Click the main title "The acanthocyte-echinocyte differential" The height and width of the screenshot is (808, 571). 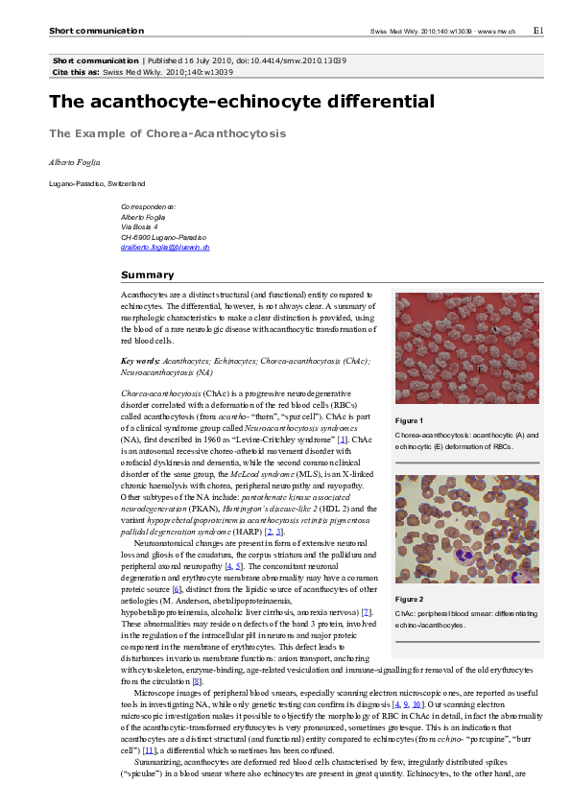coord(242,102)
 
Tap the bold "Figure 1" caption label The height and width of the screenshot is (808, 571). coord(409,421)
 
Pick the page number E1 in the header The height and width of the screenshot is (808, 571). coord(538,31)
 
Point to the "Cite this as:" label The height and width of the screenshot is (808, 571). coord(76,72)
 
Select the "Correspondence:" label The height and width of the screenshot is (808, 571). coord(148,206)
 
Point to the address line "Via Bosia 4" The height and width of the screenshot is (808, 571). coord(139,226)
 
